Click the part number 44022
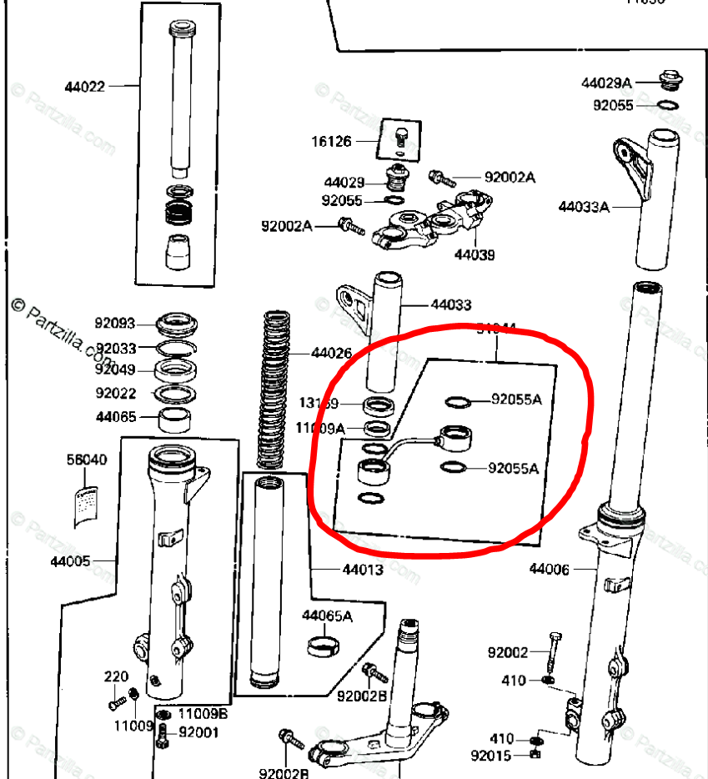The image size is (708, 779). click(85, 86)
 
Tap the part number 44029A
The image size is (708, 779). click(606, 83)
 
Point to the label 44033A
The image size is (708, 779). click(584, 206)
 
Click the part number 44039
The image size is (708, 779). click(475, 254)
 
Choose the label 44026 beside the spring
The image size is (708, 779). click(331, 353)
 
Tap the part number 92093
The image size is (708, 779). click(115, 322)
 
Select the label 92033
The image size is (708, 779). click(115, 349)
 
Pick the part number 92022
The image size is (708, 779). click(115, 393)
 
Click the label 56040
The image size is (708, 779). click(87, 460)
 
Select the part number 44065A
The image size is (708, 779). click(327, 616)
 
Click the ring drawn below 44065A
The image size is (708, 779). click(325, 646)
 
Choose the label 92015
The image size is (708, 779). click(490, 756)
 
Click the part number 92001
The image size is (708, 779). click(198, 733)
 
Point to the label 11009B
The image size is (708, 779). click(203, 715)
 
